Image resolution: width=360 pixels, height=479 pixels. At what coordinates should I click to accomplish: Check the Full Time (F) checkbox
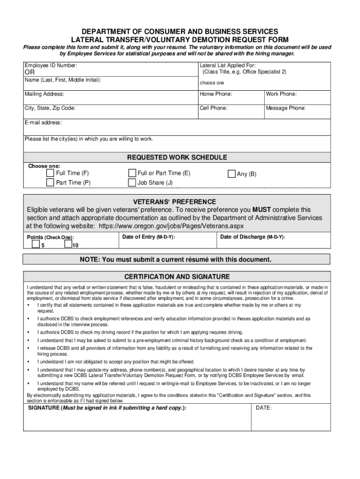point(50,173)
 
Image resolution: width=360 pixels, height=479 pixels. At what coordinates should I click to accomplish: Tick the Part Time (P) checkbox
point(50,182)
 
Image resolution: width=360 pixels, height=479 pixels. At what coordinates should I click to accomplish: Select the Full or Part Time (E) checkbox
point(132,173)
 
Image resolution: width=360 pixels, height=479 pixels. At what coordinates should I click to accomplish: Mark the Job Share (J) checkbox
point(132,182)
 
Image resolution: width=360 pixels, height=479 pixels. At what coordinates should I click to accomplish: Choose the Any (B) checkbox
point(231,174)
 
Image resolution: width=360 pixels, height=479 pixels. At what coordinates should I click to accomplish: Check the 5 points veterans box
point(36,244)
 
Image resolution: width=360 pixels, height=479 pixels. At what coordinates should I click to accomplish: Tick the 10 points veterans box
point(68,244)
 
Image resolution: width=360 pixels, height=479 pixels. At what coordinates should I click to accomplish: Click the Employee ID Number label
point(51,66)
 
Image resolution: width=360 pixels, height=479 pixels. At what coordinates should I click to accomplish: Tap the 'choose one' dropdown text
point(212,83)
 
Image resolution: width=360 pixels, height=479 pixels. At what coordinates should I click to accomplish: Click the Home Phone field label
point(216,94)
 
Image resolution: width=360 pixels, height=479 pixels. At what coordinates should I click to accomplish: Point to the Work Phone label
point(281,94)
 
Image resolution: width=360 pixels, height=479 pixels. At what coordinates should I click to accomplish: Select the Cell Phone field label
point(214,108)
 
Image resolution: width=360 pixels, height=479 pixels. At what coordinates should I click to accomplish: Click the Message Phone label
point(286,108)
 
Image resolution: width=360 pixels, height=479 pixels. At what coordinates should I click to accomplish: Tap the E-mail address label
point(43,123)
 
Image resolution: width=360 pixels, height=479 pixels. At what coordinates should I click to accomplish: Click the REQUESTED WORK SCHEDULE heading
point(177,157)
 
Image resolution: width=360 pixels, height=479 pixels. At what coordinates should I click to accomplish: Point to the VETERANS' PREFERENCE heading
point(177,202)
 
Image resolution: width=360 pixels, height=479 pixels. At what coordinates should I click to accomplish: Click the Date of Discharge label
point(252,237)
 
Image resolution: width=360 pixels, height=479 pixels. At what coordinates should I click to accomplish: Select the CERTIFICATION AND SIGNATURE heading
point(177,276)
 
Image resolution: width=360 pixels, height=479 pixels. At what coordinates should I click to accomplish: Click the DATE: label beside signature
point(264,408)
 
